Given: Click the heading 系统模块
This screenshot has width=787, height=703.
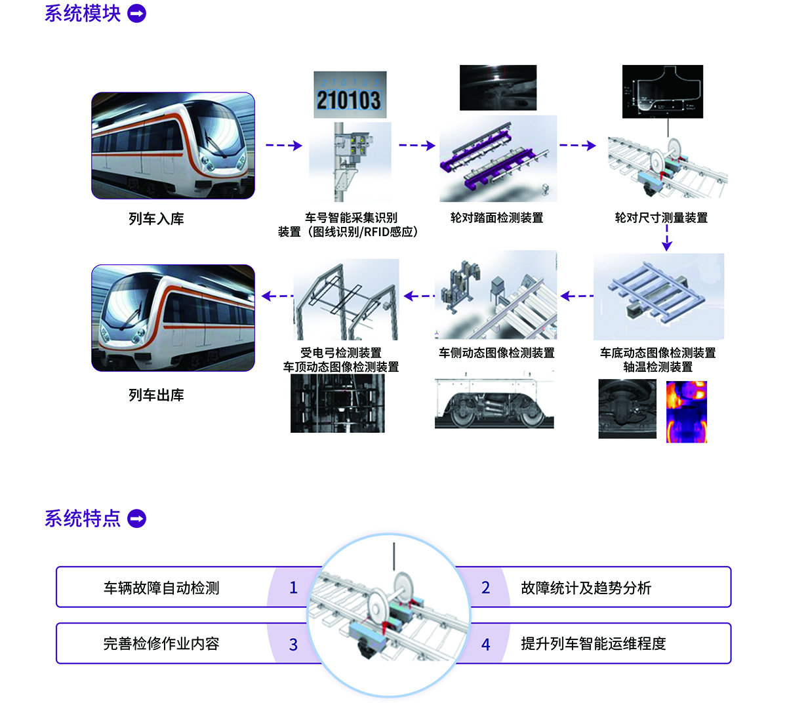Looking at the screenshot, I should coord(83,14).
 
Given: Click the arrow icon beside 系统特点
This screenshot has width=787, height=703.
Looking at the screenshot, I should coord(136,519).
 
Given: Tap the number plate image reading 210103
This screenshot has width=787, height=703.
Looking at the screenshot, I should coord(350,95).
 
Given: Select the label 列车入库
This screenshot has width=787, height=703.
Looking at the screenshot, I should coord(156,219).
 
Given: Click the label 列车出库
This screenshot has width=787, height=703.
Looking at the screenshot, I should coord(156,395).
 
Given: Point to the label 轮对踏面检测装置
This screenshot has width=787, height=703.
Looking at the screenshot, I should coord(496,218).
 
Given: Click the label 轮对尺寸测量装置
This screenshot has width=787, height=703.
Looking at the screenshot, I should coord(661,218).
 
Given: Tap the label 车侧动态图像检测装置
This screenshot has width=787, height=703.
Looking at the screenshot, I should coord(496,353).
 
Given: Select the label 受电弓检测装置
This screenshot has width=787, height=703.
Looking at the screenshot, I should coord(340,353).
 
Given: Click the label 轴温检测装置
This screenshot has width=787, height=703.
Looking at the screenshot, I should coord(658,367).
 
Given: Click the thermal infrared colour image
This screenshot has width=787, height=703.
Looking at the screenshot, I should coord(687,411).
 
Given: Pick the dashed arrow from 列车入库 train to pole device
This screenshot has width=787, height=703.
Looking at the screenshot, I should coord(283,146).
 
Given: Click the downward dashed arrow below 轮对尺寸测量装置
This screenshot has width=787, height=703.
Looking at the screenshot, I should coord(667,239).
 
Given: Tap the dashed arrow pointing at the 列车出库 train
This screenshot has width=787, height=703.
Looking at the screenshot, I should coord(277,296).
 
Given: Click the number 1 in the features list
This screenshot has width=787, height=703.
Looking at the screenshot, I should coord(293,588).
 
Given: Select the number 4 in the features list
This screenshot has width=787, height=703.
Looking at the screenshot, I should coord(485,645).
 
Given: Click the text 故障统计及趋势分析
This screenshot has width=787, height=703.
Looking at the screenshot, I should coord(586,588).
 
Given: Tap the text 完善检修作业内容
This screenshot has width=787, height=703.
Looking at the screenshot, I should coord(161,644).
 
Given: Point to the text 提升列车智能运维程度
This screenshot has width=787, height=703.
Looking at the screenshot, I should coord(593,644).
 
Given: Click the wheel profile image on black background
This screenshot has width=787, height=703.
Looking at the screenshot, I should coord(662,91).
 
